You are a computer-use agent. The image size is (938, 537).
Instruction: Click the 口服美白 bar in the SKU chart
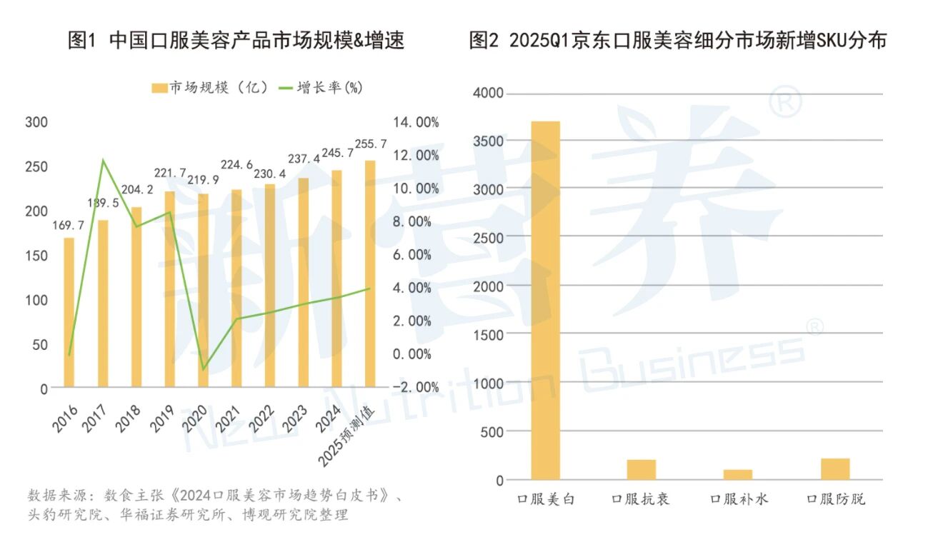coord(545,300)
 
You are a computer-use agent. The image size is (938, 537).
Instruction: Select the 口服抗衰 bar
coord(641,469)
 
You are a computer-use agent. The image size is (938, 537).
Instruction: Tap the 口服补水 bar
coord(738,474)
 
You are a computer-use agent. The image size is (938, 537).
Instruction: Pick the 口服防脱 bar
coord(835,468)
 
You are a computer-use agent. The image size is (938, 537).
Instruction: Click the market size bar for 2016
coord(69,314)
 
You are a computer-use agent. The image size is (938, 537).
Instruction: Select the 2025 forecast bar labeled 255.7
coord(370,275)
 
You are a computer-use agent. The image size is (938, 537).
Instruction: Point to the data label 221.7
coord(170,174)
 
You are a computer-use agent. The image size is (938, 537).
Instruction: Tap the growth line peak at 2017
coord(104,160)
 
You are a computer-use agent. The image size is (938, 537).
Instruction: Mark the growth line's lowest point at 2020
coord(203,370)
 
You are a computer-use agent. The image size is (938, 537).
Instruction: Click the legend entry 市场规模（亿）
coord(210,88)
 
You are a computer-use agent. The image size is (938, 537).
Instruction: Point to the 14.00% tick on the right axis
coord(416,122)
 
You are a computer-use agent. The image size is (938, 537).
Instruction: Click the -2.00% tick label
coord(416,386)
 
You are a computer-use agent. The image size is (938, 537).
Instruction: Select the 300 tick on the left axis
coord(36,122)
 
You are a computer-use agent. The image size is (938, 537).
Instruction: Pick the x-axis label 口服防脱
coord(835,499)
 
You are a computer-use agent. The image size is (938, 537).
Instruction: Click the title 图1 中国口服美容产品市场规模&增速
coord(236,40)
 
